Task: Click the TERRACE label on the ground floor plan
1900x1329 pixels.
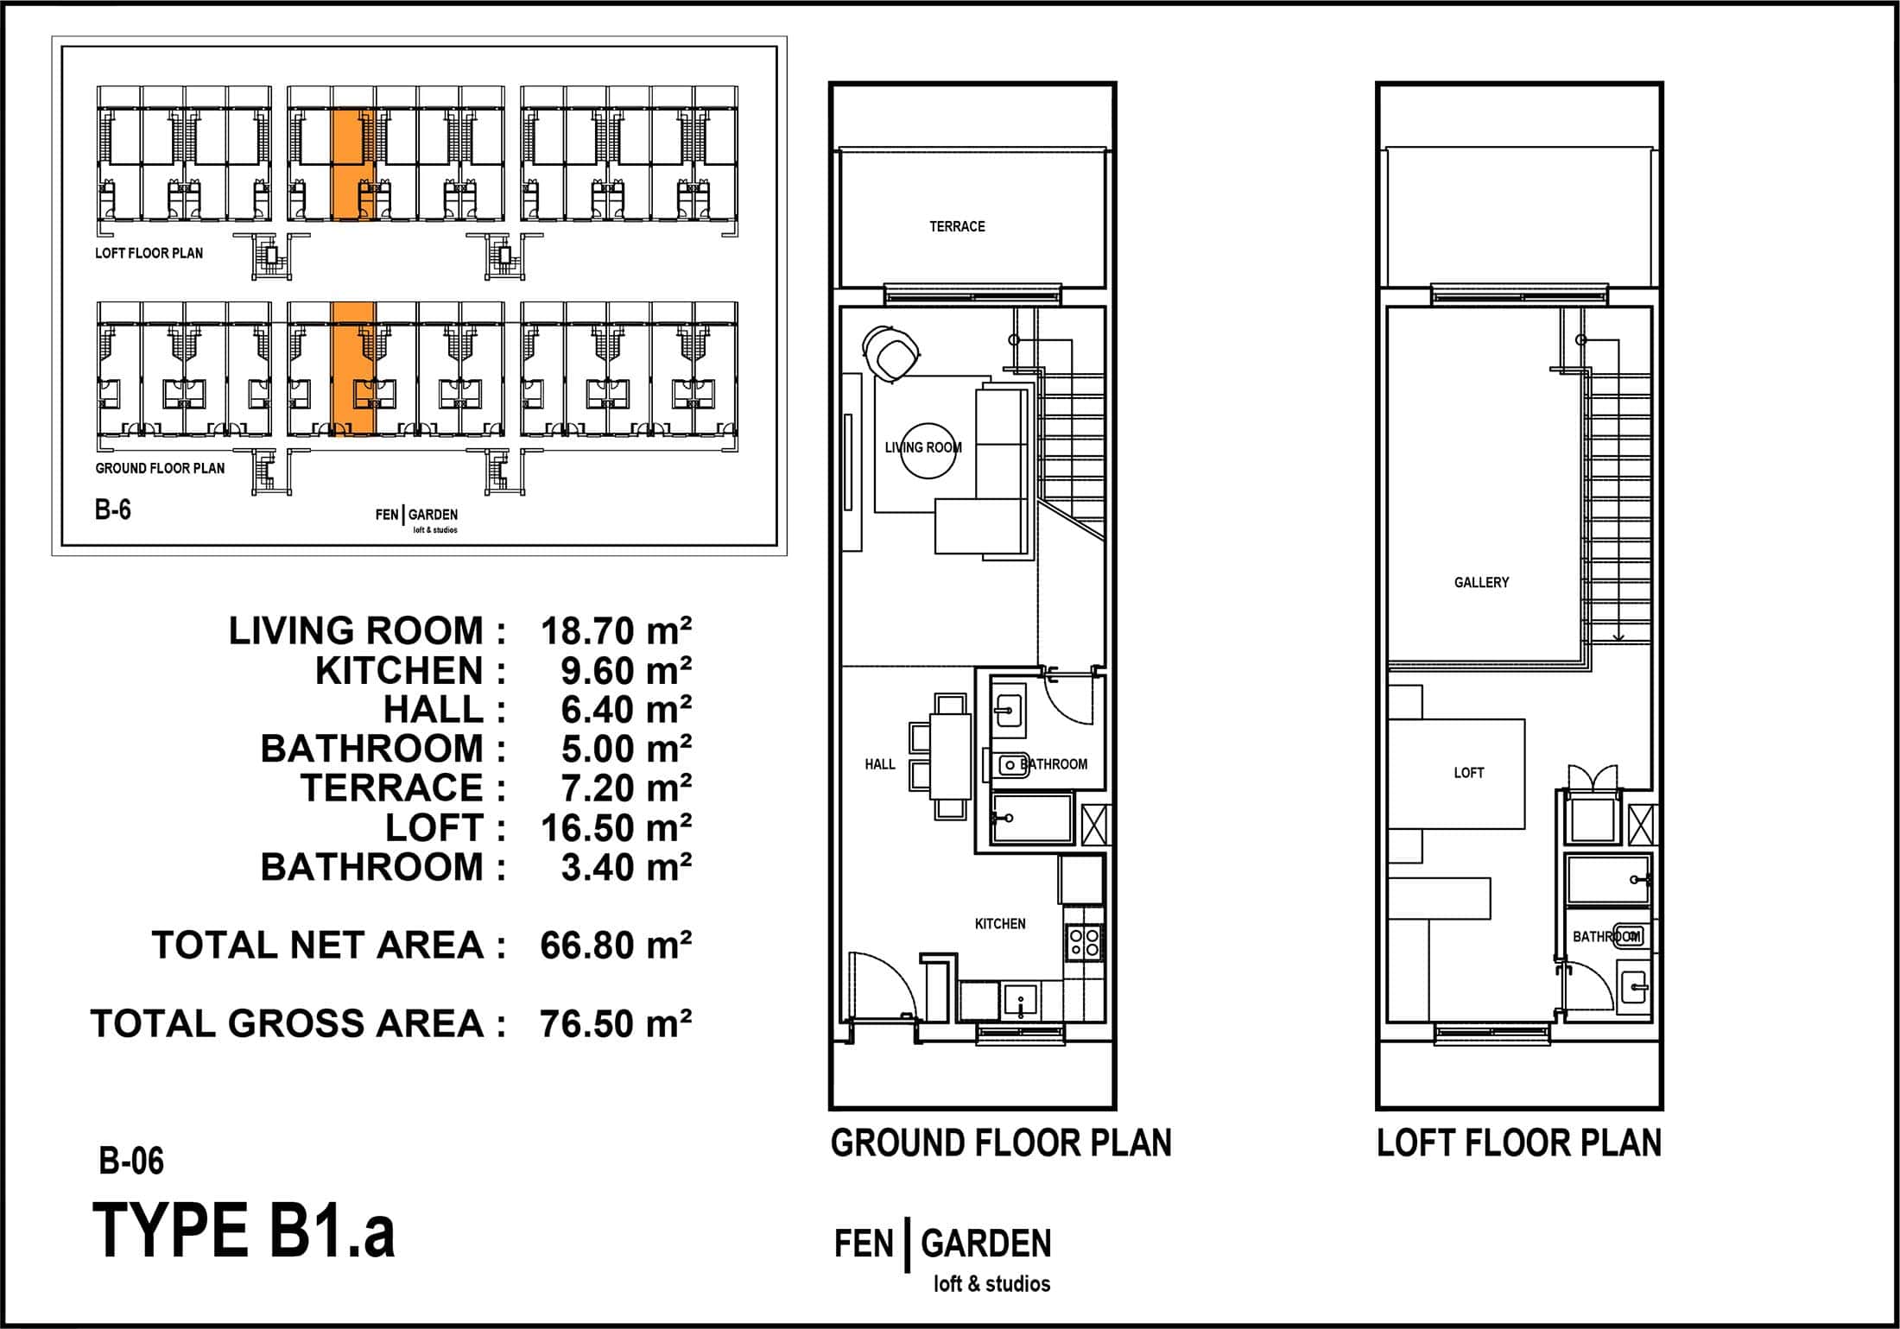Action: [x=957, y=226]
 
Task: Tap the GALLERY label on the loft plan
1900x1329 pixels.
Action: [x=1481, y=582]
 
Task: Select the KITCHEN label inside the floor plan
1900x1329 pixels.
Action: [x=1000, y=923]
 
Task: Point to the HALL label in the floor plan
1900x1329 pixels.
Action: [x=880, y=763]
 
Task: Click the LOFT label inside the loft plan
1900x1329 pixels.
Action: [x=1468, y=772]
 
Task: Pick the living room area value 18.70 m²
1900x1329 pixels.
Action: [x=616, y=631]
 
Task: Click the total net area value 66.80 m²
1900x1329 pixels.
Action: [x=616, y=946]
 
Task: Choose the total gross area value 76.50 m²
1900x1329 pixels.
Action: [x=616, y=1023]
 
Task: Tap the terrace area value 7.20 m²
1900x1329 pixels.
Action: [x=626, y=788]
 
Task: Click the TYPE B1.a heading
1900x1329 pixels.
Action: [x=244, y=1231]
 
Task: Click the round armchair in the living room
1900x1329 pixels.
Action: [x=891, y=351]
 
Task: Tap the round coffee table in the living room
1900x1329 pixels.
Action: [x=929, y=451]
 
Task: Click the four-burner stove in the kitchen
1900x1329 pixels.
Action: [x=1085, y=941]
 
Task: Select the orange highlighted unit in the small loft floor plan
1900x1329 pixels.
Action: [x=353, y=165]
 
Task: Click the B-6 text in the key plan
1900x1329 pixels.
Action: [x=113, y=510]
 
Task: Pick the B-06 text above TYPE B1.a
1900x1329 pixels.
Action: [x=131, y=1161]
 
